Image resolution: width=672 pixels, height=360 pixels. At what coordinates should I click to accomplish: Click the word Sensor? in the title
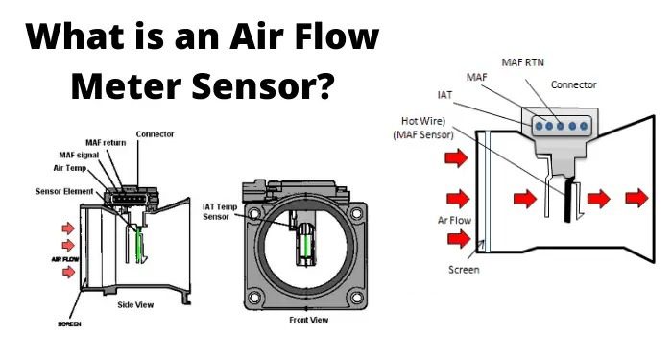click(263, 86)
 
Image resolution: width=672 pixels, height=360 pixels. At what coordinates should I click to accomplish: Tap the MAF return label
click(106, 143)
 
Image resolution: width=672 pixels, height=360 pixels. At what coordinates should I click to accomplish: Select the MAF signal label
click(79, 155)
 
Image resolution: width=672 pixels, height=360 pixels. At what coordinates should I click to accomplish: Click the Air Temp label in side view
click(69, 168)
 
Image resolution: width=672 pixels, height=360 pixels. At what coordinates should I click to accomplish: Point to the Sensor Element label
click(64, 191)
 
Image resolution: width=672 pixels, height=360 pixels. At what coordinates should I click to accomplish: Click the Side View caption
click(135, 304)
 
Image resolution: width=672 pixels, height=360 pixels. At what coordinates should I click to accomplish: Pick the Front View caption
click(308, 320)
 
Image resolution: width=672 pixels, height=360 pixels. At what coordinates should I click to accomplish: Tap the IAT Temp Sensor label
click(220, 212)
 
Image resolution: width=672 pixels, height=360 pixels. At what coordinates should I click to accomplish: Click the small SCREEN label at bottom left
click(69, 324)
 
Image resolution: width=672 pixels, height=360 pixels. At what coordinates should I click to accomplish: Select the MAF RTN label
click(522, 62)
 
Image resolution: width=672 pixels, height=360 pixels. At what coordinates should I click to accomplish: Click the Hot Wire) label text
click(423, 121)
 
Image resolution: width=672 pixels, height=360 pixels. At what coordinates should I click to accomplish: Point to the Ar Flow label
click(454, 220)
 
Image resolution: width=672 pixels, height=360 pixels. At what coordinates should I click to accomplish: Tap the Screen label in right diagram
click(464, 270)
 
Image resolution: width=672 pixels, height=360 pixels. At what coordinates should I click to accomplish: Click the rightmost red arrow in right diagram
click(636, 198)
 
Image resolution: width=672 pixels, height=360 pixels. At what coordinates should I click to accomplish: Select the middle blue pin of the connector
click(561, 126)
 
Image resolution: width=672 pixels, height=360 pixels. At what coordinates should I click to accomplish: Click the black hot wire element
click(569, 200)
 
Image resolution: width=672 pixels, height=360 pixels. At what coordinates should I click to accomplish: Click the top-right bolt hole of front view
click(356, 213)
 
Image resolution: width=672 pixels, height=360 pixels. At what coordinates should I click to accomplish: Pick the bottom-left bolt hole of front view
click(254, 297)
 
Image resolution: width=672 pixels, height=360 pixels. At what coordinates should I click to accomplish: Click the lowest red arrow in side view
click(68, 272)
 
